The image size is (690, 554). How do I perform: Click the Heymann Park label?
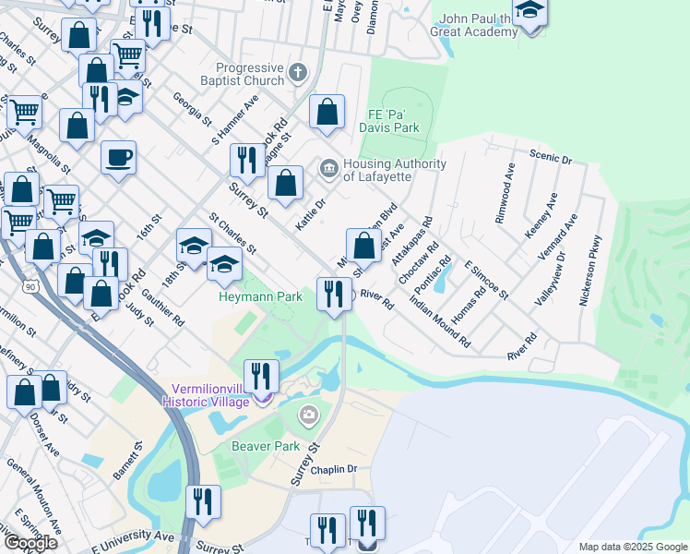[x=260, y=297]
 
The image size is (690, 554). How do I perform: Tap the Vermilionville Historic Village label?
[x=205, y=395]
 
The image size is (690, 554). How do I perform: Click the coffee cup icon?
[x=118, y=158]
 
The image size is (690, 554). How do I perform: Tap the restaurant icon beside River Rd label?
[x=333, y=293]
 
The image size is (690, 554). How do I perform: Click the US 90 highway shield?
[x=30, y=287]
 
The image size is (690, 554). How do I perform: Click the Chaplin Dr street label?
[x=333, y=470]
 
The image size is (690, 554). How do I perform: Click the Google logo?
[x=30, y=542]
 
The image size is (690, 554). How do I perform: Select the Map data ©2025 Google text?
[x=632, y=547]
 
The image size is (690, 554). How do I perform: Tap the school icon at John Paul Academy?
[x=529, y=11]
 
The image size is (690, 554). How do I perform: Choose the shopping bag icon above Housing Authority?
[x=327, y=113]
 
